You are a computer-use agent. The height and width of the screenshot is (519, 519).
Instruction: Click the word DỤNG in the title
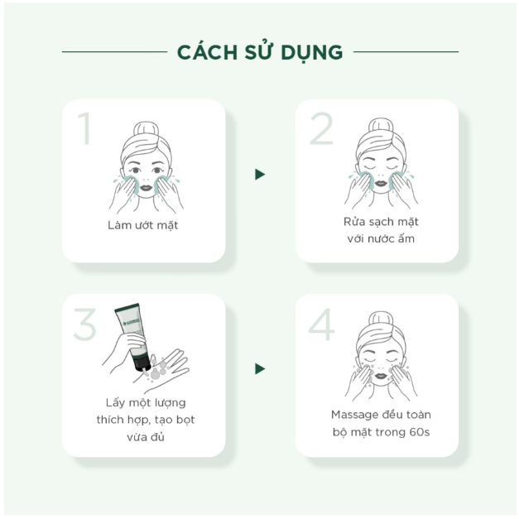(x=312, y=53)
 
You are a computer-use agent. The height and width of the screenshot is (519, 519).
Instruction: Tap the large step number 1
(x=85, y=128)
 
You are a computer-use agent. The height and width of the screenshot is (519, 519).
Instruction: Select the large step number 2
(x=321, y=128)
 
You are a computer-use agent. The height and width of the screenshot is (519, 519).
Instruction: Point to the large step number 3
(x=84, y=324)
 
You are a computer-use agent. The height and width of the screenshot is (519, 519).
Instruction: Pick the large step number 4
(x=321, y=324)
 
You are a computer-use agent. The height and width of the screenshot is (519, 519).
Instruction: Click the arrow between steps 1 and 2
(x=260, y=175)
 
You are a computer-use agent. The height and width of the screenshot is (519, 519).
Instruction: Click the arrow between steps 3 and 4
(x=260, y=368)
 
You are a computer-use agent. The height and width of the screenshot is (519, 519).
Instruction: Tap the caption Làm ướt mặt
(x=142, y=225)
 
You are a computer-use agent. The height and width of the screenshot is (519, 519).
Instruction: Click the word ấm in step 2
(x=406, y=238)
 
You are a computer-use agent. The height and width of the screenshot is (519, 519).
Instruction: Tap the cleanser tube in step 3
(x=132, y=337)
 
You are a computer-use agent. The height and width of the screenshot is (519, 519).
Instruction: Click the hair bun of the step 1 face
(x=146, y=129)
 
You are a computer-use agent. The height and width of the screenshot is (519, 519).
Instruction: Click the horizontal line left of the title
(x=114, y=51)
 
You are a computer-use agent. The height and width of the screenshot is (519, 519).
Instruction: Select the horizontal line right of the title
(x=406, y=51)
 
